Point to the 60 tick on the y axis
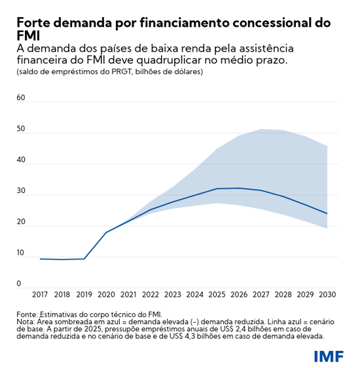20,98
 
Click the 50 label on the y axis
20,129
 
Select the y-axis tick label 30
20,191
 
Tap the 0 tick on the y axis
19,284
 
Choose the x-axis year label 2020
106,296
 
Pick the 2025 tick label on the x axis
217,296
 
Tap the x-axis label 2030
327,296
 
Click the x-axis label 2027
261,296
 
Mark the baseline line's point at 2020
106,232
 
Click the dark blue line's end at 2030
327,213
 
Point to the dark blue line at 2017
40,259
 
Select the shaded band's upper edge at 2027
261,129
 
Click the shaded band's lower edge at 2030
327,228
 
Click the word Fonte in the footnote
27,314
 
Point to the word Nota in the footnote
26,322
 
